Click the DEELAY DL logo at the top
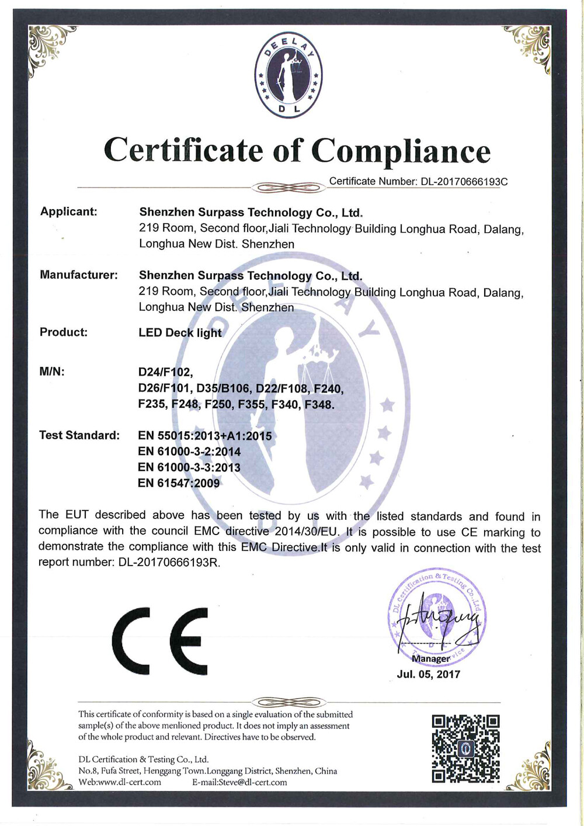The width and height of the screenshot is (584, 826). pos(289,75)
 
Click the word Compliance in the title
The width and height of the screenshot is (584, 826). pos(401,151)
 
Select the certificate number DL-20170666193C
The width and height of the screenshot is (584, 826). pos(464,182)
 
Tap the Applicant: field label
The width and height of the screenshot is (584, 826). pos(69,211)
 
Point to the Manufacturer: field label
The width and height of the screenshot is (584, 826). pos(79,275)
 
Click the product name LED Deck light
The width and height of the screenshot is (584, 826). pos(180,332)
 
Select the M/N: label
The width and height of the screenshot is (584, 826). pos(52,372)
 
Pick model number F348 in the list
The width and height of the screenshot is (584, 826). pos(319,404)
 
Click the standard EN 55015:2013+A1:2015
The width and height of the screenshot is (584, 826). pos(205,436)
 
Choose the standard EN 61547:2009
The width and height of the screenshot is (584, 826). pos(179,483)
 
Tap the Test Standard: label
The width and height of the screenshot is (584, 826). pos(79,435)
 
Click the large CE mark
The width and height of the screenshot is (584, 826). pos(159,641)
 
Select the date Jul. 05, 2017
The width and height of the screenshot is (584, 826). pos(429,674)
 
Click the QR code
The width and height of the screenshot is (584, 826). pos(465,748)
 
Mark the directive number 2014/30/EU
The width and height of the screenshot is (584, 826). pos(304,532)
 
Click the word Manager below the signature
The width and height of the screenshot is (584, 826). pos(430,658)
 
